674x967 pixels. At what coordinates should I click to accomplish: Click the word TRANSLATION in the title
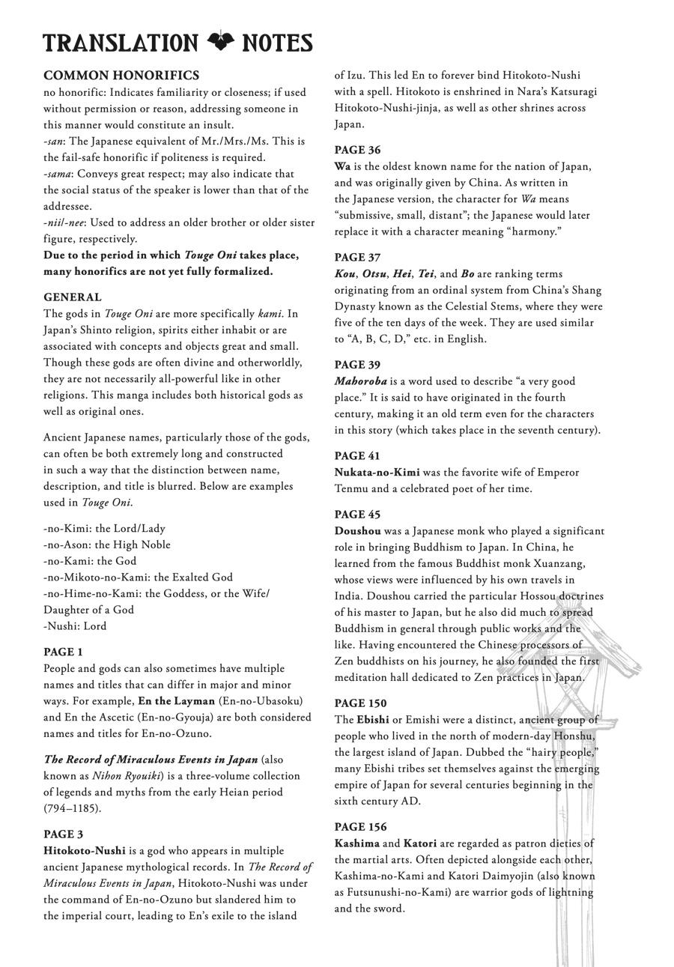(121, 43)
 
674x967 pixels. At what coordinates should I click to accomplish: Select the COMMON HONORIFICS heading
(121, 76)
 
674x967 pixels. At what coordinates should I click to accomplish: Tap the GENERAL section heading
(72, 297)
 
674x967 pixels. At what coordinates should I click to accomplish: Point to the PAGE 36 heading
(357, 150)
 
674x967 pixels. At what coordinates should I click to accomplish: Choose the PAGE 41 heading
(357, 455)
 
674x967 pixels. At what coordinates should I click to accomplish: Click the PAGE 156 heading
(360, 827)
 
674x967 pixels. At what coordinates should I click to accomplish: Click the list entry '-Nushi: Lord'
(75, 626)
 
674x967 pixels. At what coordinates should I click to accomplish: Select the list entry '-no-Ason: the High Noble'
(107, 545)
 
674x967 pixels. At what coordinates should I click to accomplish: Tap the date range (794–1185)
(72, 808)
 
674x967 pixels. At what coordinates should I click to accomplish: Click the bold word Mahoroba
(360, 381)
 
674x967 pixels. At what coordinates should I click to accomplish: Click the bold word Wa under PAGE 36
(342, 166)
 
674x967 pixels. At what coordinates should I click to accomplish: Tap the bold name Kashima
(356, 843)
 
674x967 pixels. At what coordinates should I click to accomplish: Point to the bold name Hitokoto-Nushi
(84, 851)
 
